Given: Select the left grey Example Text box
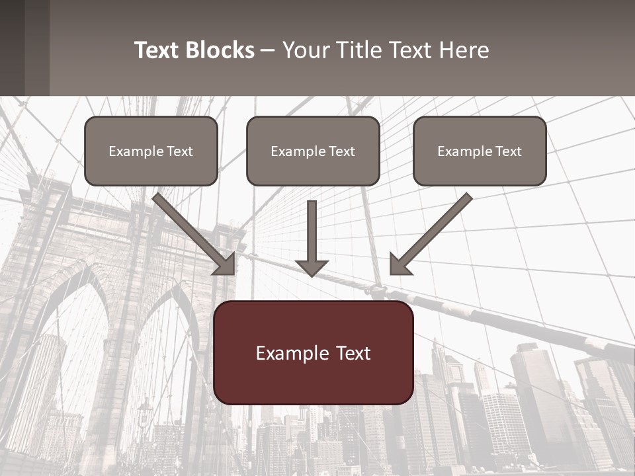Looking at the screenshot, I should pyautogui.click(x=151, y=151).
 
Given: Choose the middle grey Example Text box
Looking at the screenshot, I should pyautogui.click(x=313, y=151).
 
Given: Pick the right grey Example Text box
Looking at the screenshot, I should pyautogui.click(x=480, y=151).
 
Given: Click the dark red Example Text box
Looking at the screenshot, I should pyautogui.click(x=314, y=352).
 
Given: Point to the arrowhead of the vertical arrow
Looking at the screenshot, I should pyautogui.click(x=312, y=268).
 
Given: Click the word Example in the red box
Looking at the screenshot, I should pyautogui.click(x=288, y=353).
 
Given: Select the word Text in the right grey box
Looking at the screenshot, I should pyautogui.click(x=507, y=151).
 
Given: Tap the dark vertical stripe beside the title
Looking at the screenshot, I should pyautogui.click(x=36, y=48).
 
